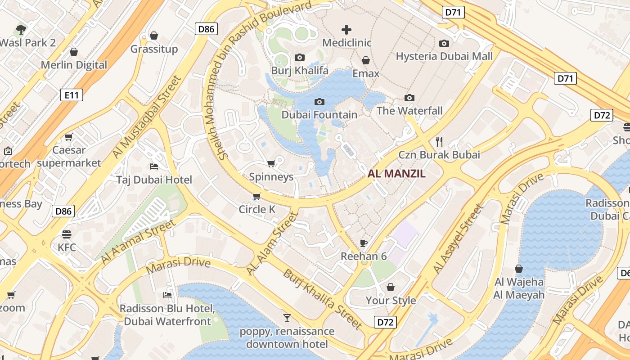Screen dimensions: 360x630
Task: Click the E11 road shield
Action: (72, 95)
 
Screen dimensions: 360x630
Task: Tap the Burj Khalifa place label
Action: (299, 71)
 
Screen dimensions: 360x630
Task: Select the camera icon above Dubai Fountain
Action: (319, 102)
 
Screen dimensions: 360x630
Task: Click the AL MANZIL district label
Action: (396, 174)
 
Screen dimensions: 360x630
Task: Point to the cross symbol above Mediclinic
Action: (346, 30)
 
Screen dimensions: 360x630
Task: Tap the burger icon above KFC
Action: (67, 234)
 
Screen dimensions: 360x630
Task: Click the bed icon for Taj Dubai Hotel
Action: (154, 166)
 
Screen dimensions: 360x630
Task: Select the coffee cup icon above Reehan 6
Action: (364, 243)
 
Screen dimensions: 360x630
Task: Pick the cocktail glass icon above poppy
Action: (287, 318)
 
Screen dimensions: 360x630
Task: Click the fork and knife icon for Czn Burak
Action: (439, 142)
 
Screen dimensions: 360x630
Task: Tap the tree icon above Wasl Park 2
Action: (21, 30)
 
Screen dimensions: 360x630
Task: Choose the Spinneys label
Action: (271, 177)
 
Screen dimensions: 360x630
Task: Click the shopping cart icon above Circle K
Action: (256, 196)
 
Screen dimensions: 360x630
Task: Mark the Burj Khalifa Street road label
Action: (323, 299)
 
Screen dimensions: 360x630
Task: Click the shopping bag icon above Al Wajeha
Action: (519, 269)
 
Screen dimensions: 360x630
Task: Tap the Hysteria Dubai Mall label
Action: (444, 56)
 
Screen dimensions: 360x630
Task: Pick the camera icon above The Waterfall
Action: (409, 98)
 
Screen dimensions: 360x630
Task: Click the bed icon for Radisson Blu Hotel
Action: (167, 295)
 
